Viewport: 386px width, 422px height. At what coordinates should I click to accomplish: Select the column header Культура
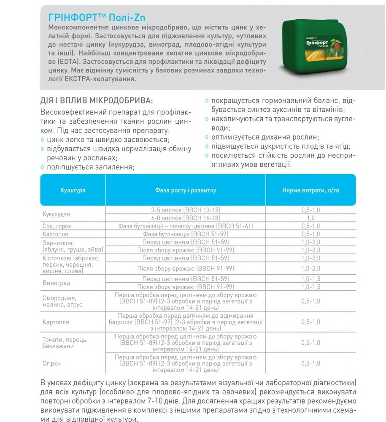coord(73,190)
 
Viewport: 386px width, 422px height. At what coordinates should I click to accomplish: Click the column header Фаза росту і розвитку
coord(185,190)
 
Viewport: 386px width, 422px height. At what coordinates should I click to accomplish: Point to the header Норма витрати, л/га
coord(310,190)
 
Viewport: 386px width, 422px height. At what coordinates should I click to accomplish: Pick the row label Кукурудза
coord(56,214)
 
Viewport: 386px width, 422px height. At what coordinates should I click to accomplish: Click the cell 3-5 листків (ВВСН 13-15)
coord(186,210)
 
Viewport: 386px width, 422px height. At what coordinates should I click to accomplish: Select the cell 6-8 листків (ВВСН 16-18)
coord(186,218)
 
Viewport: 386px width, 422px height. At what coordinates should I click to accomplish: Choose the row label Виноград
coord(56,283)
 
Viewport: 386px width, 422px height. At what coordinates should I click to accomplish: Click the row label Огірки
coord(51,363)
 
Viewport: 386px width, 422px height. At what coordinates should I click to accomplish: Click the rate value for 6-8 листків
coord(310,218)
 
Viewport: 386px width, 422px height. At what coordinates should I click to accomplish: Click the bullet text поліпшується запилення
coord(90,167)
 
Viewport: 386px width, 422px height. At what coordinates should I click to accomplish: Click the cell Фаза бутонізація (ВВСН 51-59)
coord(186,234)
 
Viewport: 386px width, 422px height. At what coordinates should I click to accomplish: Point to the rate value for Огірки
coord(310,363)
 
